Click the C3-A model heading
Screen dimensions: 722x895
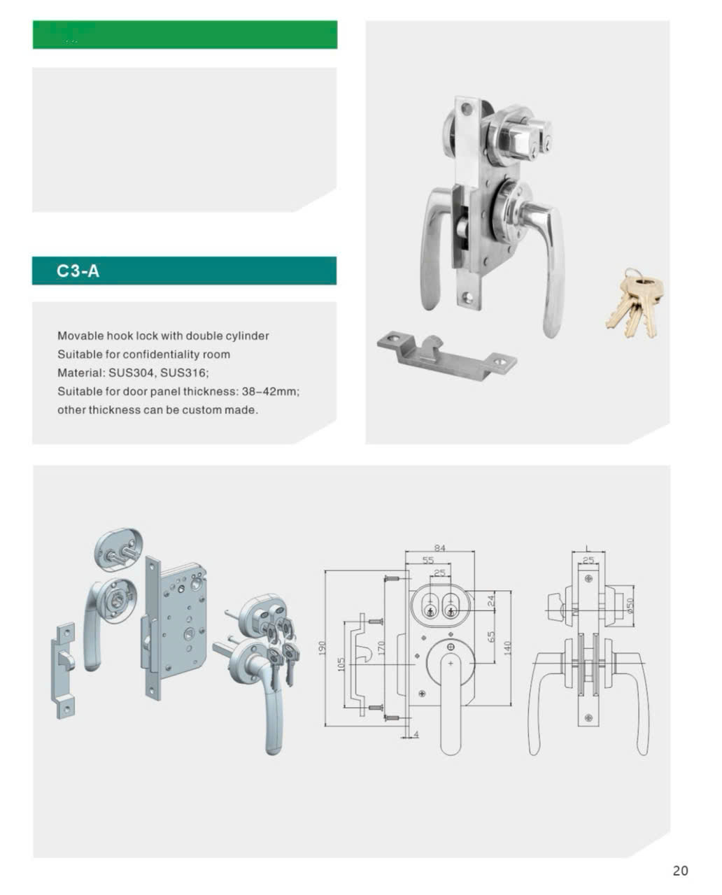[x=78, y=271]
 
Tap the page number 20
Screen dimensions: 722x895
[x=680, y=871]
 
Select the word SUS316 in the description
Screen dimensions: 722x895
[x=183, y=373]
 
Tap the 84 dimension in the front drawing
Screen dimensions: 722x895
[x=440, y=548]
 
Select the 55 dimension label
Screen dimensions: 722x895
[x=428, y=560]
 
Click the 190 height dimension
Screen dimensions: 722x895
[x=322, y=648]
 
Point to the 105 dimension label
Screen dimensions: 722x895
[x=341, y=664]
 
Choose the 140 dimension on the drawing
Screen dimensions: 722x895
[x=507, y=648]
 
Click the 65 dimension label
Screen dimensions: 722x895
[x=491, y=637]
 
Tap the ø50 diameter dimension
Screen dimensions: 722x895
[x=630, y=606]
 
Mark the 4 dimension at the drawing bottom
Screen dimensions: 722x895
[x=416, y=735]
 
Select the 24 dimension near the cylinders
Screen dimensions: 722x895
[x=491, y=601]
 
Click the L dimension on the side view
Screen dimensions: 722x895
[x=588, y=547]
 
